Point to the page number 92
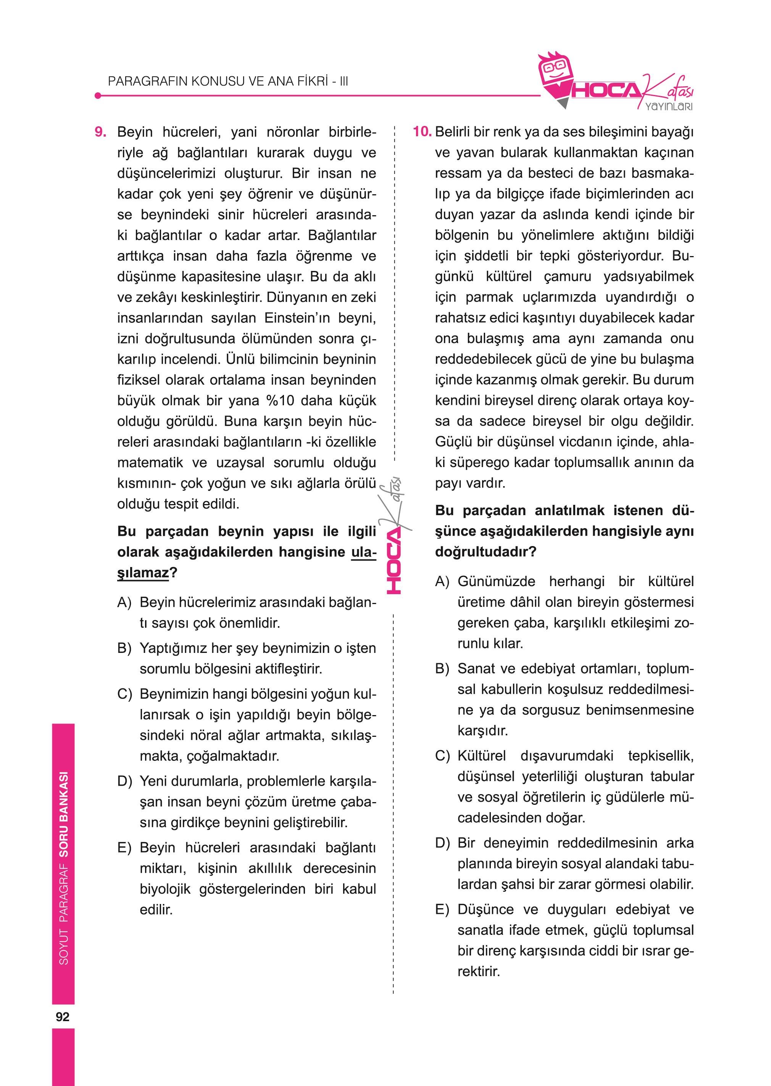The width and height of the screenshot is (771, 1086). coord(62,1016)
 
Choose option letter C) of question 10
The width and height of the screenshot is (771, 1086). coord(442,756)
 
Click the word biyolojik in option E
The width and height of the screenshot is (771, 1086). coord(165,889)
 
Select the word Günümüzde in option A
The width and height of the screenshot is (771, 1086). coord(496,582)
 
